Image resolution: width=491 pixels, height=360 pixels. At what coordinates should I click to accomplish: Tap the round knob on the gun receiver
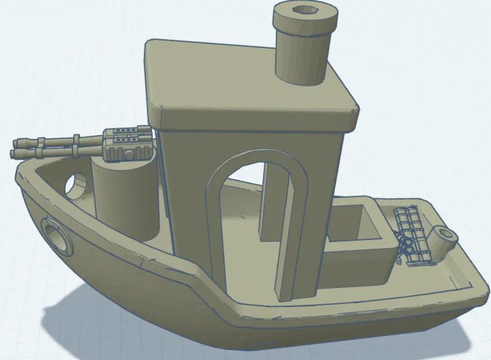[x=130, y=155]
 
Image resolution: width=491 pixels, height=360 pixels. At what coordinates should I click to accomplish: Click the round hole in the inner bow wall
[x=77, y=184]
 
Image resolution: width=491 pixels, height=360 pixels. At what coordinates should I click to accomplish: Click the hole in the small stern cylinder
[x=444, y=234]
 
